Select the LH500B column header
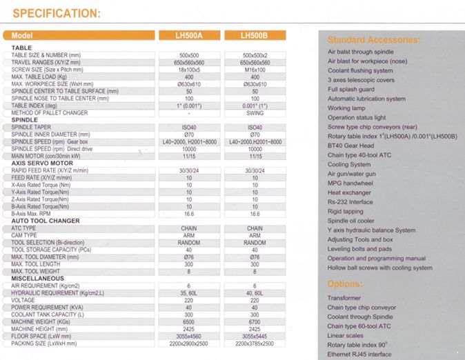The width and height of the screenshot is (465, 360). pos(255,35)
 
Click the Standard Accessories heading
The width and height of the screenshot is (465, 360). pos(373,40)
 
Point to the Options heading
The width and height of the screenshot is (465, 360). pos(345,283)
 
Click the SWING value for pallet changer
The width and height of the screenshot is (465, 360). pos(255,113)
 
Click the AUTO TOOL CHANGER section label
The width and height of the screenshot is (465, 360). pos(46,221)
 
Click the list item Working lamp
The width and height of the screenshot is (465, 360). pos(348,108)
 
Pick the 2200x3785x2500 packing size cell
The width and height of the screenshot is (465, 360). pos(255,343)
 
